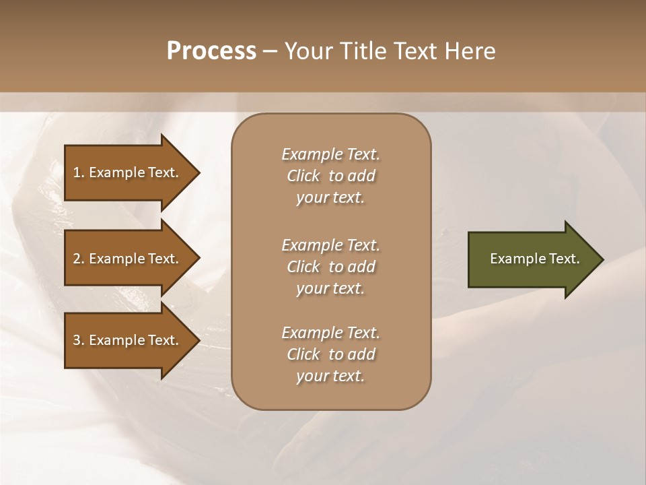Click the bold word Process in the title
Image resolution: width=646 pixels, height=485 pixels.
click(x=211, y=51)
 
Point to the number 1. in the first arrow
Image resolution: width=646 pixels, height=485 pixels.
click(x=79, y=172)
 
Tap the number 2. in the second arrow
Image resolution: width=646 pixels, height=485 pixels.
click(x=79, y=259)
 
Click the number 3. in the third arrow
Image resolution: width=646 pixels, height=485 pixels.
click(x=79, y=340)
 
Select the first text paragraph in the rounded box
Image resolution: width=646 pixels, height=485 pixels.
click(x=330, y=176)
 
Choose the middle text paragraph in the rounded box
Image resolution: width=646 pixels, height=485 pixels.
click(x=330, y=267)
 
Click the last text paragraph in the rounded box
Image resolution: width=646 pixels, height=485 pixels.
click(x=330, y=354)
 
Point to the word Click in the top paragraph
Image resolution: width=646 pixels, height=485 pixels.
click(x=303, y=176)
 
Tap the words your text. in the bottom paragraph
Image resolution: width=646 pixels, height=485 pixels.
click(x=330, y=376)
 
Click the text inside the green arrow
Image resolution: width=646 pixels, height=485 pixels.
click(x=534, y=259)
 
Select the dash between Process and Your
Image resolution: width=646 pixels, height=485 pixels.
click(x=270, y=52)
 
